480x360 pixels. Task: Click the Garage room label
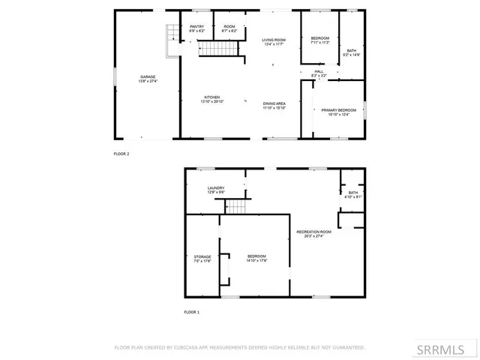[x=146, y=76]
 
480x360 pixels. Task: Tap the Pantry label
[x=196, y=27]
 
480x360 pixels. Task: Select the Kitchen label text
[x=212, y=97]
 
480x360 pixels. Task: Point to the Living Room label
[x=274, y=39]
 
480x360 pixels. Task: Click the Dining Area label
[x=274, y=103]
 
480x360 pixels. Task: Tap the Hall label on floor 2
[x=319, y=71]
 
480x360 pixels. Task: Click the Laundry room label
[x=216, y=189]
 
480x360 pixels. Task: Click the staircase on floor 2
[x=217, y=49]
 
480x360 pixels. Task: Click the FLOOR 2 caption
[x=121, y=154]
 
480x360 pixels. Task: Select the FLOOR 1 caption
[x=193, y=311]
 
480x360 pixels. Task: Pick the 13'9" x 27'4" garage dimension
[x=146, y=81]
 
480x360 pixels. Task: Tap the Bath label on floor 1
[x=353, y=193]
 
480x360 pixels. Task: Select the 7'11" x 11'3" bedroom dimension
[x=320, y=42]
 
